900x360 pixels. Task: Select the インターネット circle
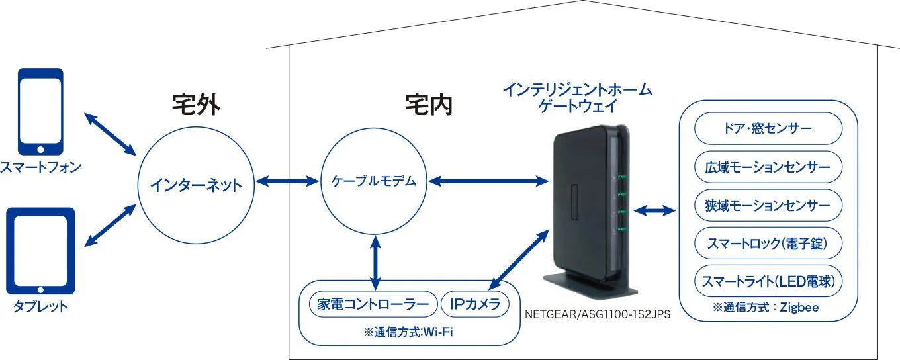[x=196, y=183]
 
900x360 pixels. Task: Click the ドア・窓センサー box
[x=768, y=128]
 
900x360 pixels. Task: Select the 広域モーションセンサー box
[x=768, y=167]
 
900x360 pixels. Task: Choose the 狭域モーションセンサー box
[x=768, y=205]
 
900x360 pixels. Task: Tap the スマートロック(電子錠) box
[x=768, y=244]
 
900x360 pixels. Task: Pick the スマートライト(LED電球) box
[x=768, y=282]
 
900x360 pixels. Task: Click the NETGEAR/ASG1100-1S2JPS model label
[x=598, y=316]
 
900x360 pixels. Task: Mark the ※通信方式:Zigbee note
[x=768, y=308]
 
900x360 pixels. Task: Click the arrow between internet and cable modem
[x=288, y=181]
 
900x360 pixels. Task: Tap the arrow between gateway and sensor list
[x=654, y=211]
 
